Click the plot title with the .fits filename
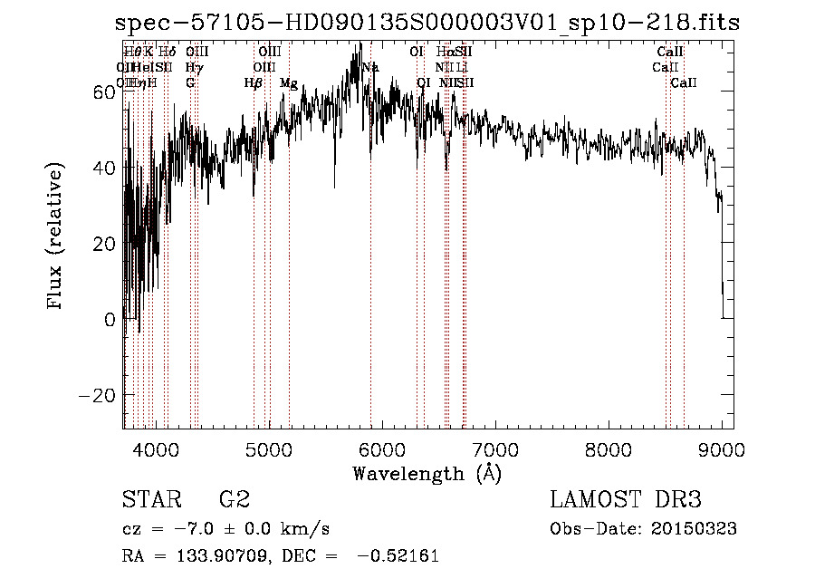coord(427,24)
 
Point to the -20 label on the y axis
coord(97,396)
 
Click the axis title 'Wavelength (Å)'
coord(427,473)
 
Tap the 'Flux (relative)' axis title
coord(56,238)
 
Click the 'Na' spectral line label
coord(370,67)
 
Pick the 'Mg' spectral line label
coord(289,82)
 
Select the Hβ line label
coord(254,82)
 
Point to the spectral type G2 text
coord(235,499)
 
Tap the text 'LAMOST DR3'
coord(626,499)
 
